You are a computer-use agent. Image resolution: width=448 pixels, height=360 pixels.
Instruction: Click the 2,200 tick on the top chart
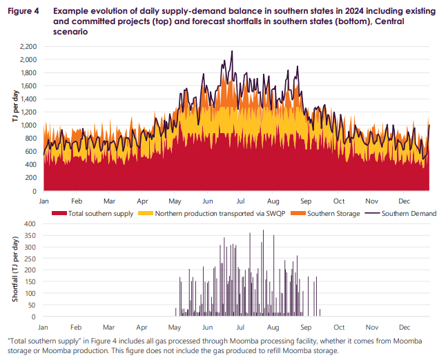(x=28, y=47)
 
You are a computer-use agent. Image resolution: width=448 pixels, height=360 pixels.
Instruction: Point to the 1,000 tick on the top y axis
(x=28, y=126)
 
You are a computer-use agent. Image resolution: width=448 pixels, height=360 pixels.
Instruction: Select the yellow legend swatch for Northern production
(x=146, y=214)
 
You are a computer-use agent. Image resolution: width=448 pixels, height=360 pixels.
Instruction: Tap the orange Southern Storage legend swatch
(x=303, y=214)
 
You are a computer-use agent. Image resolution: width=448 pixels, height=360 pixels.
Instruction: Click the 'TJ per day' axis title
(x=14, y=119)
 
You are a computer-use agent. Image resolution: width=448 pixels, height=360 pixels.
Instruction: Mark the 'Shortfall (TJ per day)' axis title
(x=14, y=270)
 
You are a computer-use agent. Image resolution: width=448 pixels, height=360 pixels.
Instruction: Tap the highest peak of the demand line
(x=232, y=51)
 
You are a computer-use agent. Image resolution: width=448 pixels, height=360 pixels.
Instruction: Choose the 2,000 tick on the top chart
(x=28, y=60)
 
